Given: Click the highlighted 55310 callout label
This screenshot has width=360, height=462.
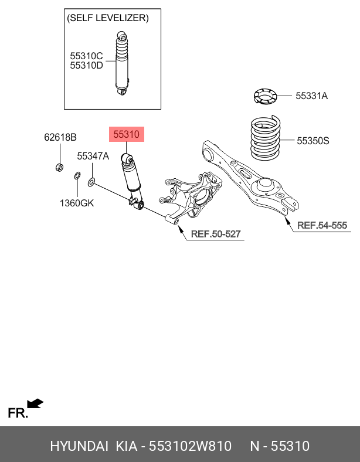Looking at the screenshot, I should click(126, 135).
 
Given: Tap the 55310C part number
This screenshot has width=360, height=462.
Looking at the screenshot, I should click(86, 56).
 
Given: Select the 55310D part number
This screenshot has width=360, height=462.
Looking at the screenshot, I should click(86, 66).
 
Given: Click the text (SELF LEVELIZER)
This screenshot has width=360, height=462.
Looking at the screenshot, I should click(108, 18).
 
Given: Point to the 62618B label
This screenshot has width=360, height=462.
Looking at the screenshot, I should click(60, 138).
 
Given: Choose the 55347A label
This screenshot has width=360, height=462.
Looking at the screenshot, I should click(93, 157).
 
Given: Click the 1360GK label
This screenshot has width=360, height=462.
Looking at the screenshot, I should click(76, 203).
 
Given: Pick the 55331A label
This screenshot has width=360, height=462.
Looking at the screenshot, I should click(311, 96).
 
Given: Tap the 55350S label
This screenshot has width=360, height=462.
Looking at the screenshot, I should click(313, 141).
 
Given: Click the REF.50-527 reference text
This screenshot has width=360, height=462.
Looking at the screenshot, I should click(216, 235).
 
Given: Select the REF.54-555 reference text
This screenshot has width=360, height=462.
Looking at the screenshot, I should click(322, 225).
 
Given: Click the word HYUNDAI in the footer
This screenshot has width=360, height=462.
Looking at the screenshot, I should click(79, 446).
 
